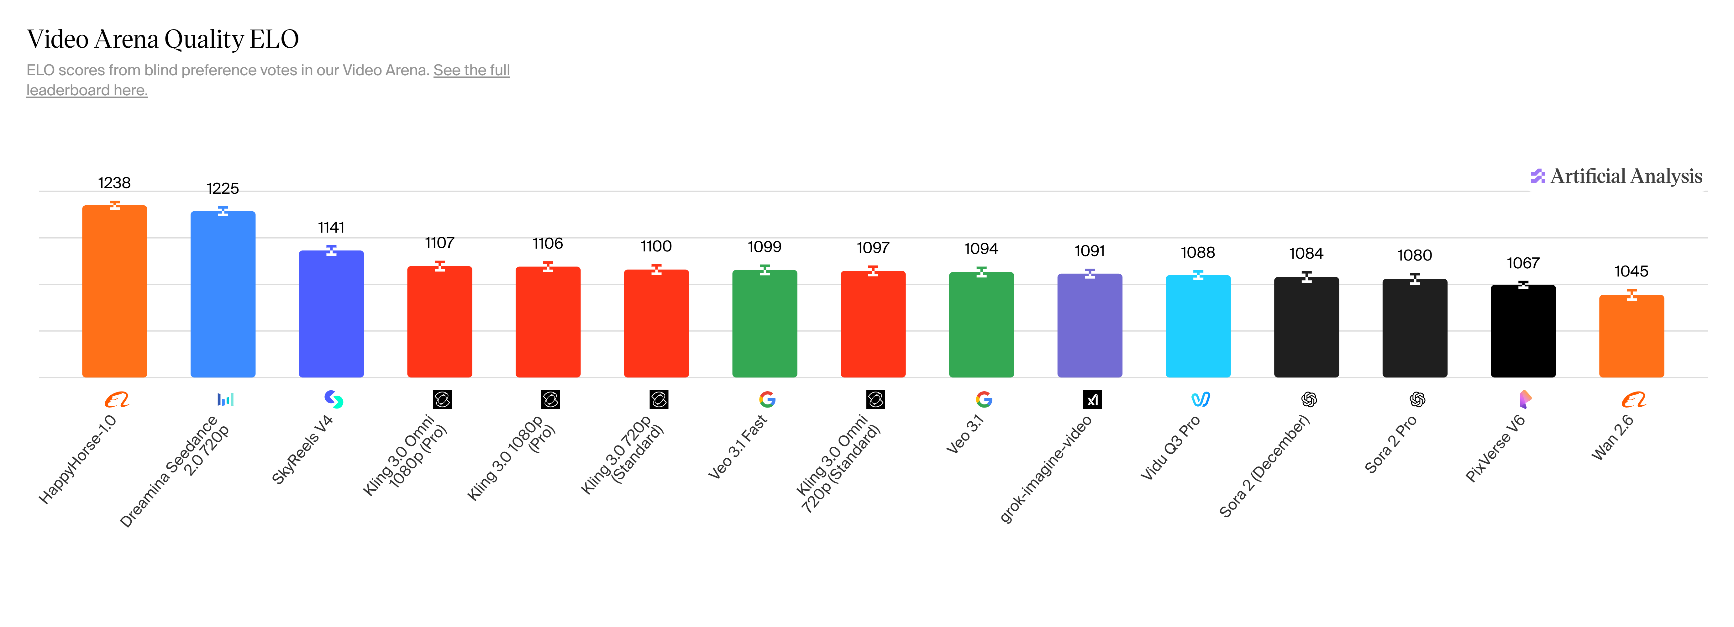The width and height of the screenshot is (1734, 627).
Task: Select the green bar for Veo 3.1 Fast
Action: tap(765, 323)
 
